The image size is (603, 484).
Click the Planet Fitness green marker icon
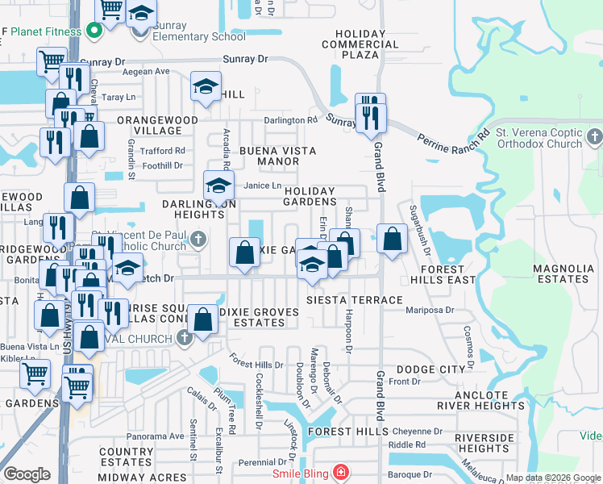(94, 32)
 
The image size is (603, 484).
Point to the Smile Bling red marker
(341, 471)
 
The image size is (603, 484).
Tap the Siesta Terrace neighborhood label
(354, 300)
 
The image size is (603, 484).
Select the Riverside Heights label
(483, 443)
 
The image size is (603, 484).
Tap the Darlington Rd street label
(290, 120)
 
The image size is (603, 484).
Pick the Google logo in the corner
(27, 474)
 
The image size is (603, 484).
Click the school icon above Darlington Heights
(218, 186)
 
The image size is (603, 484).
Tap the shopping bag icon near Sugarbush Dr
(393, 239)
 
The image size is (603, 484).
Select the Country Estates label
(127, 457)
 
